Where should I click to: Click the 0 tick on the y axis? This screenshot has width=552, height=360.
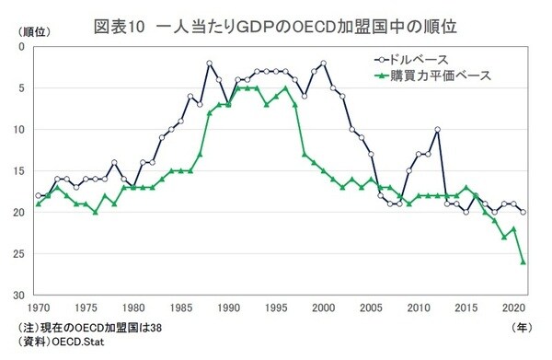(x=23, y=47)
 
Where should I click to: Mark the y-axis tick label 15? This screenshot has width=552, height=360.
(x=20, y=171)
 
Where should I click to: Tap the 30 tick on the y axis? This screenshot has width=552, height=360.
(x=20, y=296)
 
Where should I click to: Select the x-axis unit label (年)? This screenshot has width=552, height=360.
(x=521, y=327)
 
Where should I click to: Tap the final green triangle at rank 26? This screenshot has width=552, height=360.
(x=523, y=262)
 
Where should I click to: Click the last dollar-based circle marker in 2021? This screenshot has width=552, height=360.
(x=523, y=213)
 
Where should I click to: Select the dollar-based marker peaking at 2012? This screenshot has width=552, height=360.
(x=438, y=130)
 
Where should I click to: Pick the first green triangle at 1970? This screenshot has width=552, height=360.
(x=38, y=204)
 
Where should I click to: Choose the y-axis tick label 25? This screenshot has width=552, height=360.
(x=20, y=254)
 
